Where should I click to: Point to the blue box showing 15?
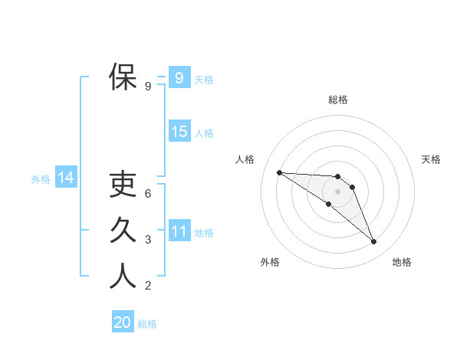pyautogui.click(x=179, y=132)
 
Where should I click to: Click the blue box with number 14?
pyautogui.click(x=65, y=178)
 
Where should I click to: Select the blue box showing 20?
pyautogui.click(x=122, y=322)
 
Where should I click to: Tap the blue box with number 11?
pyautogui.click(x=179, y=231)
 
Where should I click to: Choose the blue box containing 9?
pyautogui.click(x=179, y=77)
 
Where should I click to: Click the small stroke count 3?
pyautogui.click(x=148, y=241)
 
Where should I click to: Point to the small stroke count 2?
pyautogui.click(x=148, y=287)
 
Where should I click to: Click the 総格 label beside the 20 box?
pyautogui.click(x=147, y=324)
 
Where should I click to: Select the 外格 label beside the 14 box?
pyautogui.click(x=41, y=179)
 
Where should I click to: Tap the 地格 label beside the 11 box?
pyautogui.click(x=204, y=233)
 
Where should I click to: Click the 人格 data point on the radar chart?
pyautogui.click(x=279, y=172)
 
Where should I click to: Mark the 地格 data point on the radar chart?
pyautogui.click(x=374, y=242)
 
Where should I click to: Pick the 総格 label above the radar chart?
pyautogui.click(x=338, y=100)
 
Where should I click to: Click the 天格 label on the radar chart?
pyautogui.click(x=432, y=159)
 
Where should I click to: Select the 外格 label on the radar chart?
pyautogui.click(x=270, y=262)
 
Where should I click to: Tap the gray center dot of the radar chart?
pyautogui.click(x=338, y=191)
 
